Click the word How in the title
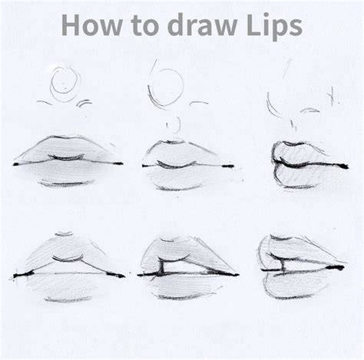click(x=92, y=25)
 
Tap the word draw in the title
click(x=202, y=25)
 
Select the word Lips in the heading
click(x=275, y=26)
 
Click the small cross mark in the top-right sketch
click(x=333, y=96)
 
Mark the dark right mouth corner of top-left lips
click(x=117, y=163)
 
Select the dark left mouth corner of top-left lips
click(x=17, y=164)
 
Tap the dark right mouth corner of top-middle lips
click(x=228, y=167)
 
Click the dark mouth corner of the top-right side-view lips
click(x=343, y=166)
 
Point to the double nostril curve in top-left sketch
click(x=84, y=103)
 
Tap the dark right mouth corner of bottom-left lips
click(x=116, y=275)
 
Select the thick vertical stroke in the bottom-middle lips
click(x=162, y=267)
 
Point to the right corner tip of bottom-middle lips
click(x=238, y=275)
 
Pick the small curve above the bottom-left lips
click(x=64, y=234)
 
